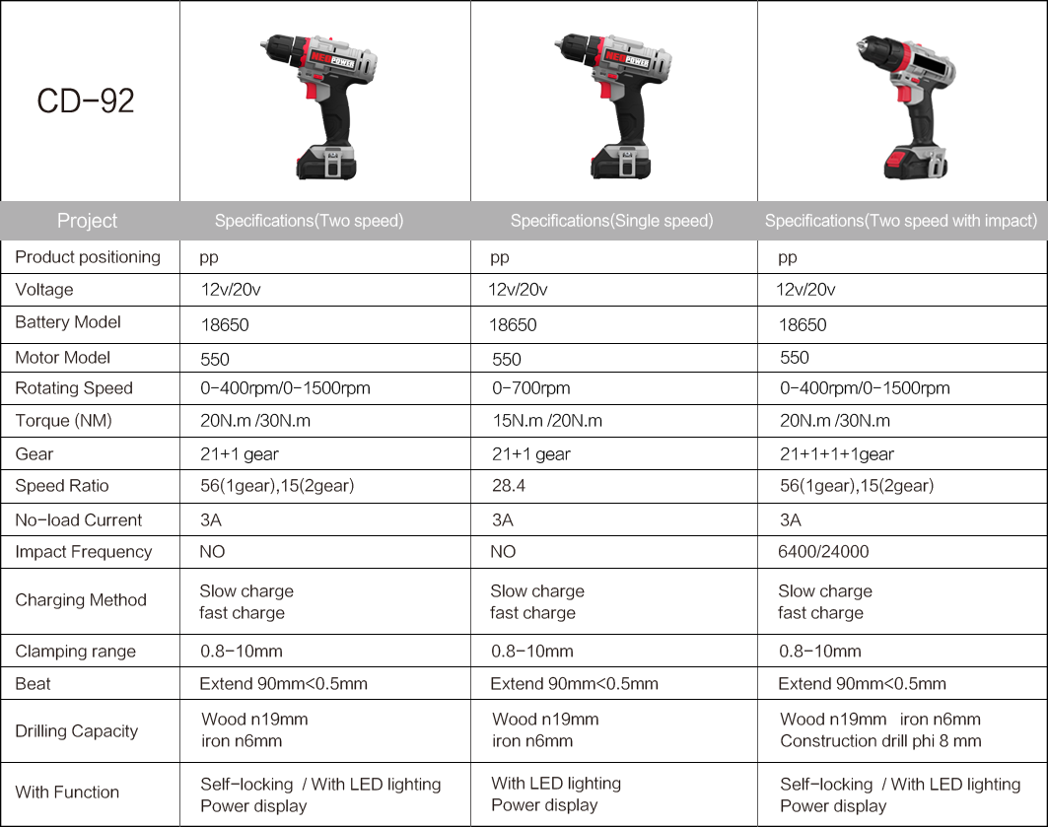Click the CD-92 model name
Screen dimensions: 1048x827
(x=86, y=101)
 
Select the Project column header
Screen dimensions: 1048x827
(x=87, y=221)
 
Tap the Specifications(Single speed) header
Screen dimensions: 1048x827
(x=611, y=221)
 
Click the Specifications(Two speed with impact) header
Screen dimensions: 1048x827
(x=901, y=221)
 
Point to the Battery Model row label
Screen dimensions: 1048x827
(x=68, y=322)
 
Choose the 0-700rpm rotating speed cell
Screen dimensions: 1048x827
(x=531, y=388)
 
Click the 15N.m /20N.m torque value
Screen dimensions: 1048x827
(x=547, y=421)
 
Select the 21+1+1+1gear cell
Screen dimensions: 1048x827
(x=837, y=454)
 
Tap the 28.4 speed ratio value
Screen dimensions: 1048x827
(x=509, y=486)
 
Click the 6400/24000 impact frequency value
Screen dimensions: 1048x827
(x=823, y=552)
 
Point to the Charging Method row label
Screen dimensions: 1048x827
(x=81, y=600)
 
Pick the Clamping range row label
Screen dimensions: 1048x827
(x=76, y=652)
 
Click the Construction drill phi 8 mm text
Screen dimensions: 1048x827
(x=881, y=741)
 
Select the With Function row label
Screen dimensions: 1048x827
(x=67, y=793)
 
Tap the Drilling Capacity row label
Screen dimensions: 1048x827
(x=77, y=730)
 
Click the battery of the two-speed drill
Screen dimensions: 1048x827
(x=326, y=162)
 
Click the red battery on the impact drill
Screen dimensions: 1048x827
(x=914, y=163)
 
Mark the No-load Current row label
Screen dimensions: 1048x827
(x=79, y=519)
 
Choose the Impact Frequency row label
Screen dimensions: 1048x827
(x=84, y=552)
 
